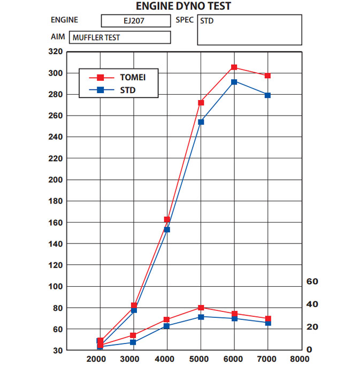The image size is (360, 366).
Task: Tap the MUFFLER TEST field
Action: (x=120, y=37)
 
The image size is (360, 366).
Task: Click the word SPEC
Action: (x=185, y=20)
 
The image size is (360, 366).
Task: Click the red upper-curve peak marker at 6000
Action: (x=234, y=67)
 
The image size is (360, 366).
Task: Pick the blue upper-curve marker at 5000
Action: (x=201, y=122)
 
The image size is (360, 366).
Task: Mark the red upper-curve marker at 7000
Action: (x=267, y=76)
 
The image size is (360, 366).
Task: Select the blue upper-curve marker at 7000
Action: (x=267, y=95)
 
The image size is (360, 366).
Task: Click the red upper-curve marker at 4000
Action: (x=167, y=220)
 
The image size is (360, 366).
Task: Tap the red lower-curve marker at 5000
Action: (x=201, y=308)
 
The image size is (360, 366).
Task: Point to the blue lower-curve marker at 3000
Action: (x=133, y=342)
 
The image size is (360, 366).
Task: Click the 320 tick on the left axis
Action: (x=56, y=52)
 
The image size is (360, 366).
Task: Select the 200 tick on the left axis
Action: (x=56, y=180)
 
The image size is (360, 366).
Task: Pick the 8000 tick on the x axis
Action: (x=300, y=358)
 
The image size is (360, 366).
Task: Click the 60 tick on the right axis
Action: (x=312, y=281)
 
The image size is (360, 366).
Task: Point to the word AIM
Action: (x=58, y=37)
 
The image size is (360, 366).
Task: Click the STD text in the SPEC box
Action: (x=206, y=21)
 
